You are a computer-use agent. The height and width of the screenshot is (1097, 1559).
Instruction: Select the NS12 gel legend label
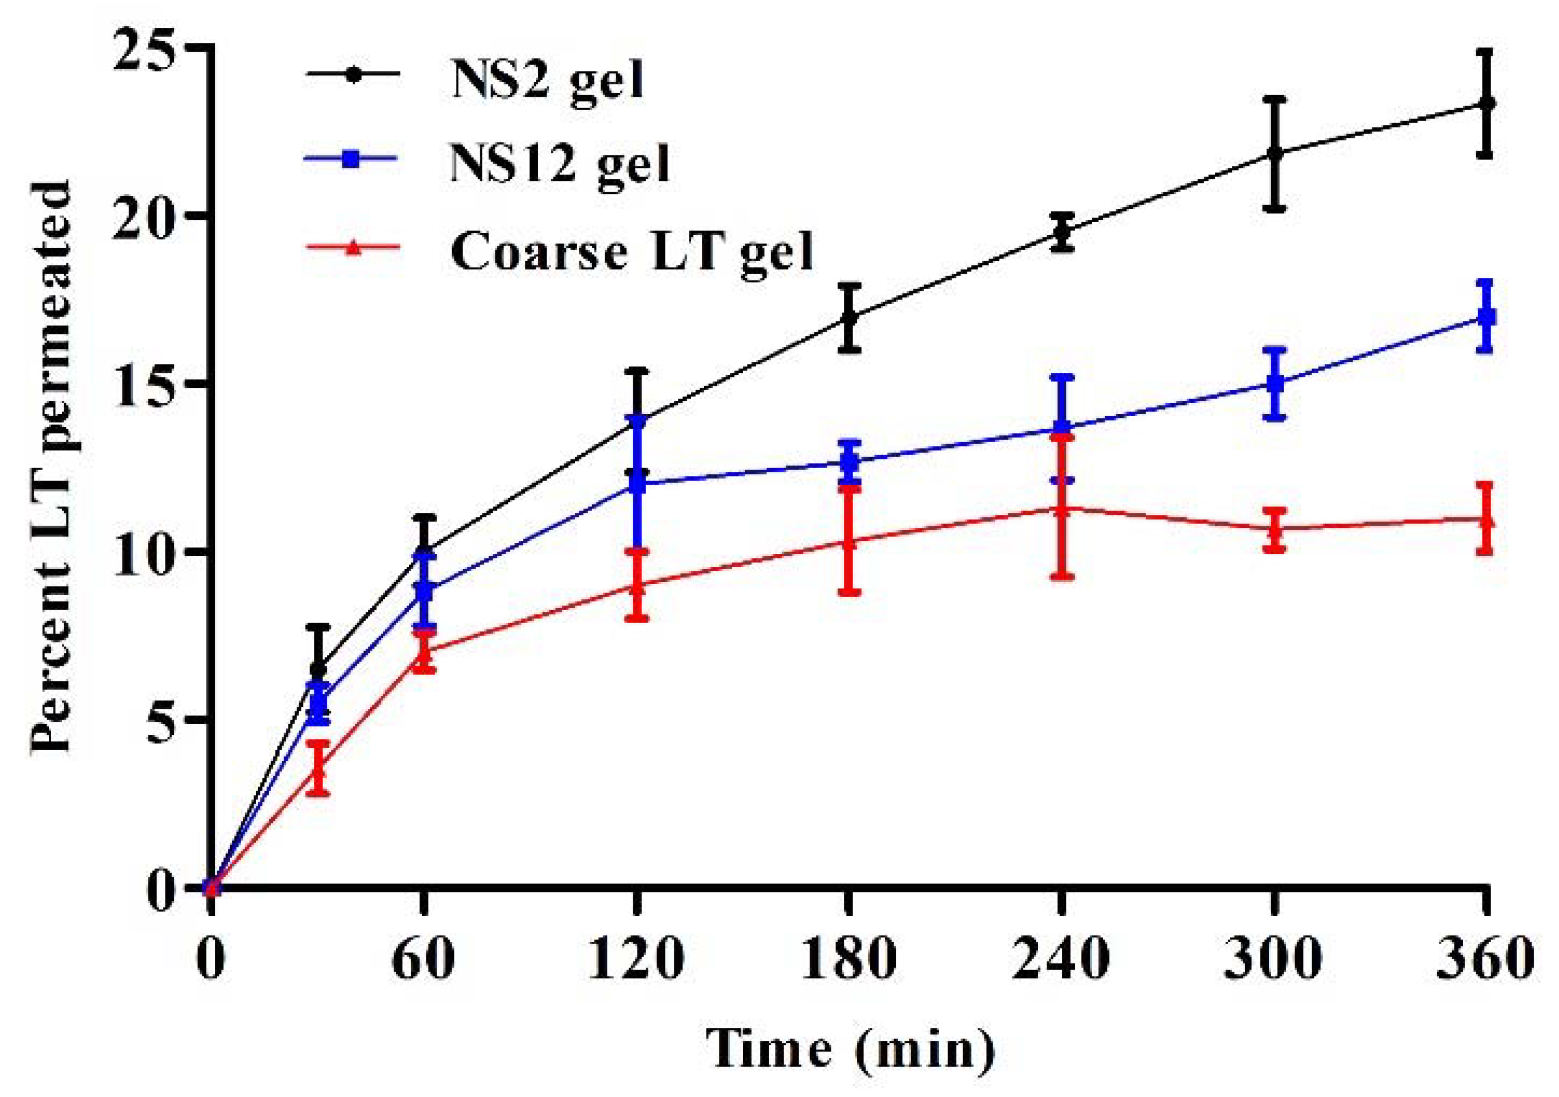560,163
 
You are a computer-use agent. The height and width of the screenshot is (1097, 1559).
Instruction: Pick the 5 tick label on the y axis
158,720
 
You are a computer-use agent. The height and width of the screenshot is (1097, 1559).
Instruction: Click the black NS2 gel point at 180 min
849,318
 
